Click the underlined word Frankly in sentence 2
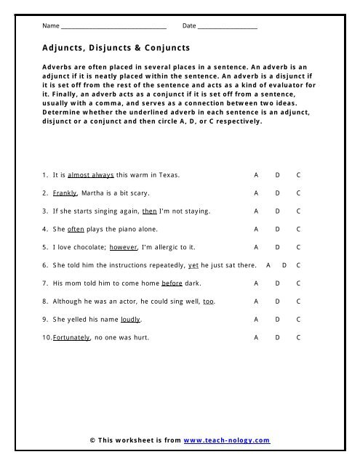click(x=65, y=193)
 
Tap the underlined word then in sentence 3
click(x=149, y=211)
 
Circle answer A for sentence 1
click(x=255, y=176)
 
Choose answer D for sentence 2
click(x=277, y=193)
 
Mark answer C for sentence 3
click(x=298, y=211)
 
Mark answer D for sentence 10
click(x=277, y=337)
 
